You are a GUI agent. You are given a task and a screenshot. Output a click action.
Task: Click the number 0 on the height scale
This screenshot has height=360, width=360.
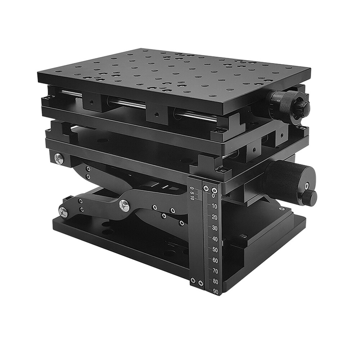(x=213, y=196)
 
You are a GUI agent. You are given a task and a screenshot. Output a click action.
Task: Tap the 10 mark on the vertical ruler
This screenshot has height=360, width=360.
(x=215, y=207)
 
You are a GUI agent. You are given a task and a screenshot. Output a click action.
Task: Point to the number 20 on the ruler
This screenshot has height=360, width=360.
(x=215, y=217)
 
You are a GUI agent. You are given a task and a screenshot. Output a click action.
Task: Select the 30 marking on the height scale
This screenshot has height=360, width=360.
(x=215, y=228)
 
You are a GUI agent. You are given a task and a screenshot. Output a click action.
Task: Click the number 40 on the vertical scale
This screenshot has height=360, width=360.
(x=215, y=239)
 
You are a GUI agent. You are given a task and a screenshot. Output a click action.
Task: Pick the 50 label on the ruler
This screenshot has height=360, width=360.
(x=215, y=249)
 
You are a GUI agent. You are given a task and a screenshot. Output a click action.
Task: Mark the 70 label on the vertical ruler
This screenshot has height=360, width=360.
(x=215, y=271)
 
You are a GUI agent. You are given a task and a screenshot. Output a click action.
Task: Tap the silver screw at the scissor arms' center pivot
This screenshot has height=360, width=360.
(x=124, y=205)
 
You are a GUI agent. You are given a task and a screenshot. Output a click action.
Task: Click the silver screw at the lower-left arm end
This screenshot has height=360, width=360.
(x=63, y=212)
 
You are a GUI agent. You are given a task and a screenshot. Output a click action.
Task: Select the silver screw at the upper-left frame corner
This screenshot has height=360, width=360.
(x=58, y=158)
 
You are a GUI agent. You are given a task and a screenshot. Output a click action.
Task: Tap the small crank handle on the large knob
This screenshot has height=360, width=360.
(x=310, y=197)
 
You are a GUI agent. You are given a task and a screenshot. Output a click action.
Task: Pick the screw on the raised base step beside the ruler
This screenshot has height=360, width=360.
(x=243, y=236)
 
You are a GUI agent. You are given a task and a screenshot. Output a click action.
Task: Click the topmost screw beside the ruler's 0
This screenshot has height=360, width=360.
(x=215, y=189)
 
